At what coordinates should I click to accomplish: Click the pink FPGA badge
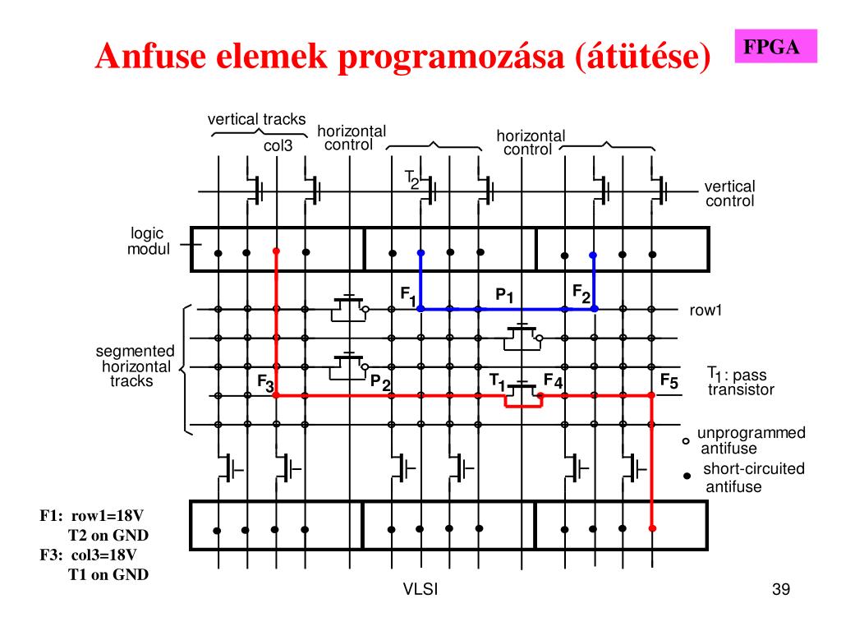point(771,47)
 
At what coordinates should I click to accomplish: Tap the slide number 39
point(780,589)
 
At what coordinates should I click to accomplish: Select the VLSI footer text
point(420,589)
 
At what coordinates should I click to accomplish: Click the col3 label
point(278,146)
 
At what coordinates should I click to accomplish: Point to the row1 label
point(705,311)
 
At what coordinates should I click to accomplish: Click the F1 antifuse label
point(408,295)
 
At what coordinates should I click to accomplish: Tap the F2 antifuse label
point(581,293)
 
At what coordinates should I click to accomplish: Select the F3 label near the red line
point(264,383)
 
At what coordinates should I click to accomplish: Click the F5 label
point(669,381)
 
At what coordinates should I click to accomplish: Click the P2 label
point(380,382)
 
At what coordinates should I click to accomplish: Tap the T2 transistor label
point(411,178)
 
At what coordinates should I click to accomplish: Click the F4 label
point(553,381)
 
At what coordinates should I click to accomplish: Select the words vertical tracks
point(256,119)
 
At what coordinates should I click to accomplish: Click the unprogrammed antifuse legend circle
point(686,441)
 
